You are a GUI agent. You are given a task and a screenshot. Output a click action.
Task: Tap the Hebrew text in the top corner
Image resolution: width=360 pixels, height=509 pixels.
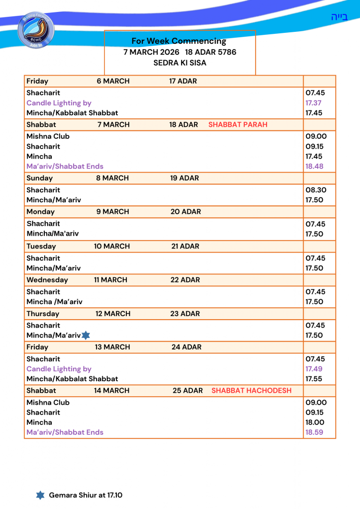tap(340, 17)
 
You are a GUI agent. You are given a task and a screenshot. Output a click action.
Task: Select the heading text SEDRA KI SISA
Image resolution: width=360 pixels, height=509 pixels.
tap(180, 63)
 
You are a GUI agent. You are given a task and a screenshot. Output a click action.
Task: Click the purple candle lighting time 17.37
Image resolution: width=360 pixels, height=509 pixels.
tap(314, 103)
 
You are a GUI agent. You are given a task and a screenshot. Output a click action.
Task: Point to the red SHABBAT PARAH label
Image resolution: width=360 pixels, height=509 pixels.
tap(238, 125)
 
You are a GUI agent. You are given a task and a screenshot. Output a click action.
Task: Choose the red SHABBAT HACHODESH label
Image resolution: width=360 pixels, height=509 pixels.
tap(251, 391)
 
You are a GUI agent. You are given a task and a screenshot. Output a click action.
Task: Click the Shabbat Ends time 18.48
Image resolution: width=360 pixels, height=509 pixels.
tap(314, 166)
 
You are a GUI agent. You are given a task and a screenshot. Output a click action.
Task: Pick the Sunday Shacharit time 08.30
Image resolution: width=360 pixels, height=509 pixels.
tap(314, 190)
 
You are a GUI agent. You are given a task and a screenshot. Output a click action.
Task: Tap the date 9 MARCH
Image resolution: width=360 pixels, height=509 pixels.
tap(113, 212)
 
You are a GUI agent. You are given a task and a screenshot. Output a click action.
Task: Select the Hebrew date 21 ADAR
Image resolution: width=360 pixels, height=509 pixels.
tap(185, 246)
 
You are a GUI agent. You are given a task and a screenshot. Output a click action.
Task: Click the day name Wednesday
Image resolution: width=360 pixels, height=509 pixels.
tap(47, 280)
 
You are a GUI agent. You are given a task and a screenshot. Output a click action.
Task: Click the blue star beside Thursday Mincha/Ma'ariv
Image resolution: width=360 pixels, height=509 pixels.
tap(86, 336)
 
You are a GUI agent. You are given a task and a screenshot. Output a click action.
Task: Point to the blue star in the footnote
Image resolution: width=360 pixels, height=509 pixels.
tap(40, 495)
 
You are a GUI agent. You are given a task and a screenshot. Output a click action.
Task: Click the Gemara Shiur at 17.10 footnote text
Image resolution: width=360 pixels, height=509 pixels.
tap(86, 495)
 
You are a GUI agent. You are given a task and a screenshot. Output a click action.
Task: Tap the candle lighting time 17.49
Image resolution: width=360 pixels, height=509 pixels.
tap(314, 369)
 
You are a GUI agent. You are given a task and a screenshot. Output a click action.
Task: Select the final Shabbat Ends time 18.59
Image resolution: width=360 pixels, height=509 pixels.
tap(314, 432)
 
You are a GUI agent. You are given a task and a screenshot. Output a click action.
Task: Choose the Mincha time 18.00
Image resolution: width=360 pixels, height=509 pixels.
tap(314, 422)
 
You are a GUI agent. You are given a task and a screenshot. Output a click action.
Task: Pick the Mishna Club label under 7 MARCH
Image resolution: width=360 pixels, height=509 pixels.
tap(48, 136)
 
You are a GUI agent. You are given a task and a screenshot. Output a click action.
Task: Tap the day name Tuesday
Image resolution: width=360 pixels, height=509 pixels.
tap(41, 246)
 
